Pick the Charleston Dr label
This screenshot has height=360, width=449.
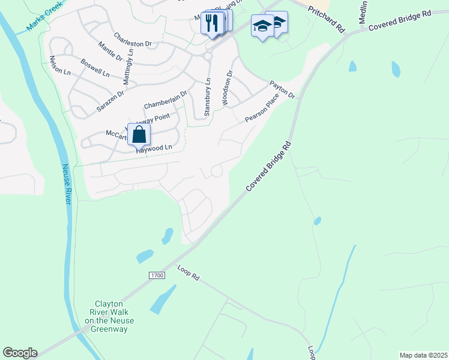(x=133, y=39)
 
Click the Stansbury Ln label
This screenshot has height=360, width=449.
(x=207, y=97)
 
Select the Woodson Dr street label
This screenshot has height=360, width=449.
(x=227, y=88)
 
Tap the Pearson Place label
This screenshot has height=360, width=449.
(x=262, y=111)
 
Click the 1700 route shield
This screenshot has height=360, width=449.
(x=156, y=275)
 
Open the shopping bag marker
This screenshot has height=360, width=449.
(x=139, y=135)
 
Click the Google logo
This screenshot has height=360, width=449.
(x=20, y=353)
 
